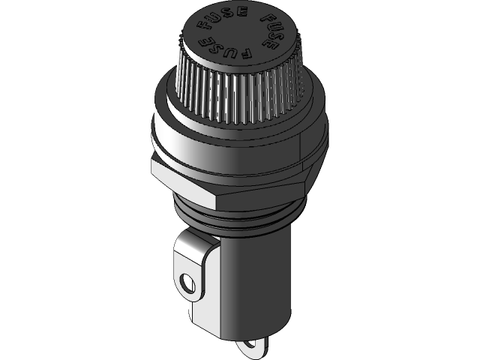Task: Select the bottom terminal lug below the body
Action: [x=253, y=346]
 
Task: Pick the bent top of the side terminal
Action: [x=196, y=240]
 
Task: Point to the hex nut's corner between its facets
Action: [x=217, y=196]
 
